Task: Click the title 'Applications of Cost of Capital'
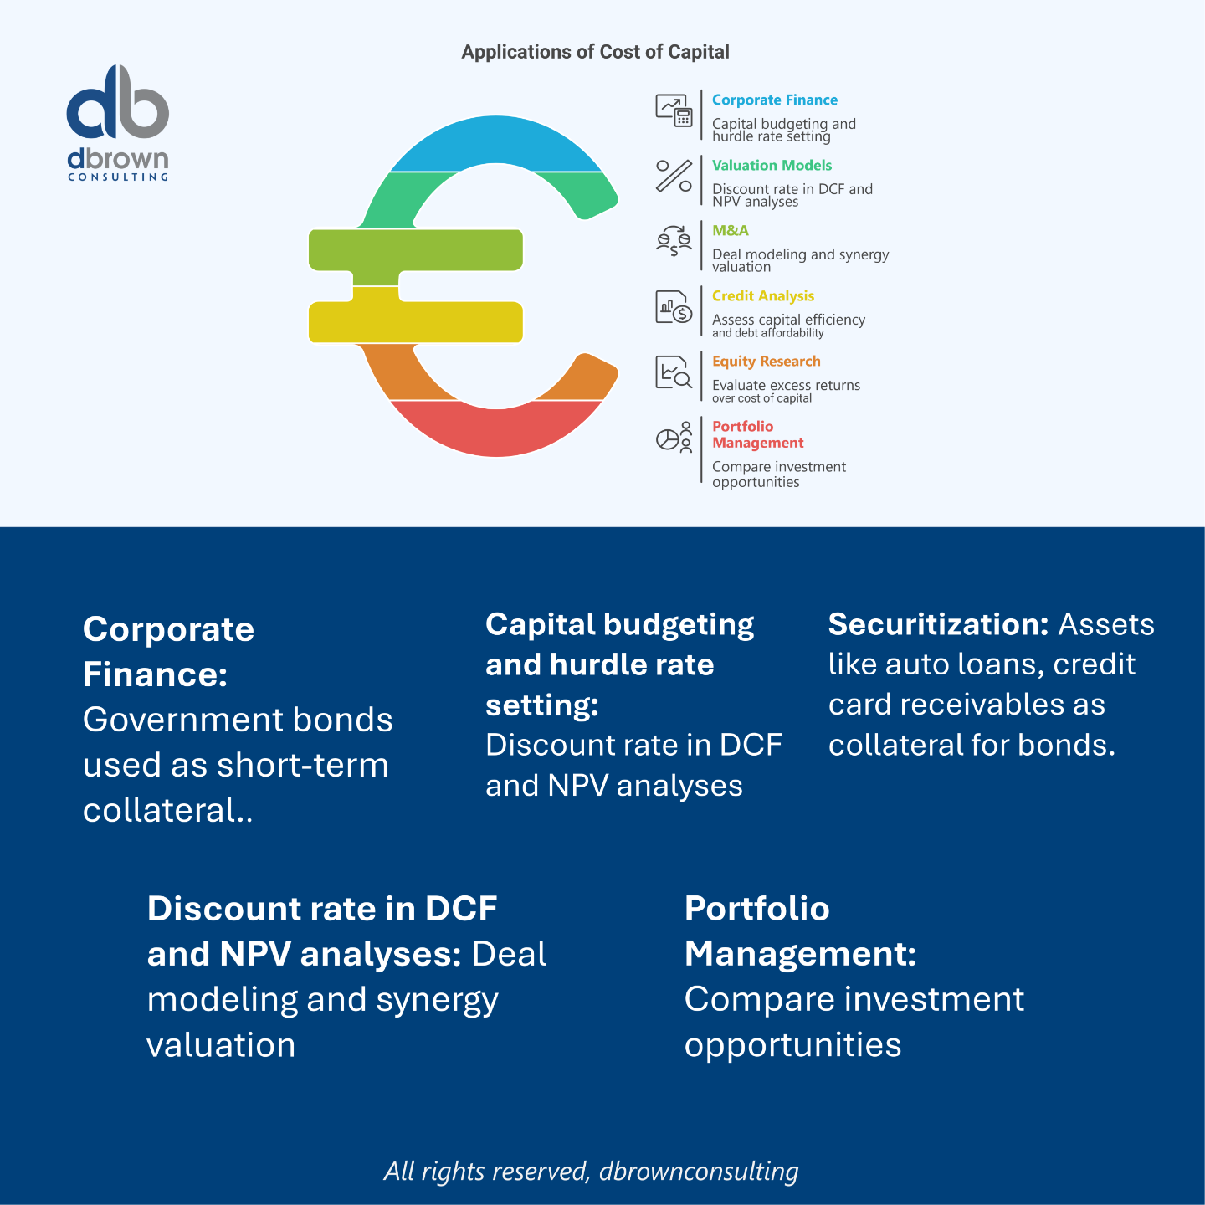tap(595, 52)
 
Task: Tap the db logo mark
tap(118, 103)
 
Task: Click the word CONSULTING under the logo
tap(118, 177)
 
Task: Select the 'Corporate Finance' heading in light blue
tap(774, 100)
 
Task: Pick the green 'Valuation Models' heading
tap(772, 165)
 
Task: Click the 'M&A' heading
tap(730, 230)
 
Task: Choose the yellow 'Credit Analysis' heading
tap(762, 295)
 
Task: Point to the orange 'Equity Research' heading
tap(766, 361)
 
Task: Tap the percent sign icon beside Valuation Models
tap(674, 176)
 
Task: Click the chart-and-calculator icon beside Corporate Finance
tap(674, 110)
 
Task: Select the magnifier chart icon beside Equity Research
tap(674, 372)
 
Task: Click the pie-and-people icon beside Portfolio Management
tap(674, 437)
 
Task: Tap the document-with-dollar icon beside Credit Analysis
tap(674, 306)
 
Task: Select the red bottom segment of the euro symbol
tap(496, 430)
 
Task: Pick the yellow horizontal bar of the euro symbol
tap(416, 321)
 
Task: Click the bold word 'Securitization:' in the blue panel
tap(938, 624)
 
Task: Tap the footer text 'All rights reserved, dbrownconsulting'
tap(591, 1171)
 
